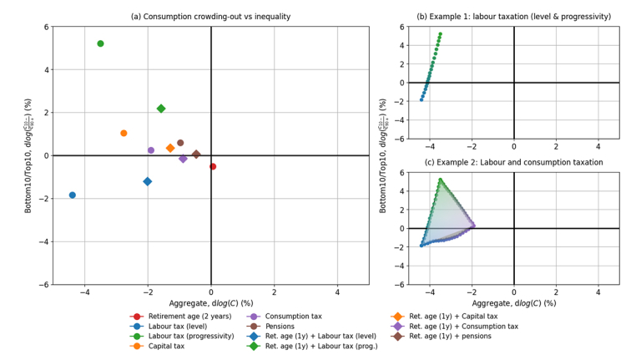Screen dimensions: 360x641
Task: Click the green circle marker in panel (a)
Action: (x=100, y=43)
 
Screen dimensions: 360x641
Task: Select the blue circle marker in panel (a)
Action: (x=73, y=195)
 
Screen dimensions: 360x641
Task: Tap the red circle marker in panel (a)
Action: (x=213, y=166)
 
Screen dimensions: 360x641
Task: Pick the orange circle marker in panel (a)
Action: (x=124, y=133)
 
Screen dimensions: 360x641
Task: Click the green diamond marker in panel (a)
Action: (x=161, y=109)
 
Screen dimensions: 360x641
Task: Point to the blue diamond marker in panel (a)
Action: (x=148, y=181)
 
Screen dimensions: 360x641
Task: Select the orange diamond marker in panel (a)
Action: (x=170, y=148)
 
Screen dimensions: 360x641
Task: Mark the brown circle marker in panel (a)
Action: (x=180, y=143)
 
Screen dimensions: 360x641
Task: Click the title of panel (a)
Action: (x=210, y=17)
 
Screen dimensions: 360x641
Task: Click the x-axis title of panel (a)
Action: (x=210, y=303)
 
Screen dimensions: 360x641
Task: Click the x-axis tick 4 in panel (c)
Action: (x=598, y=293)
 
